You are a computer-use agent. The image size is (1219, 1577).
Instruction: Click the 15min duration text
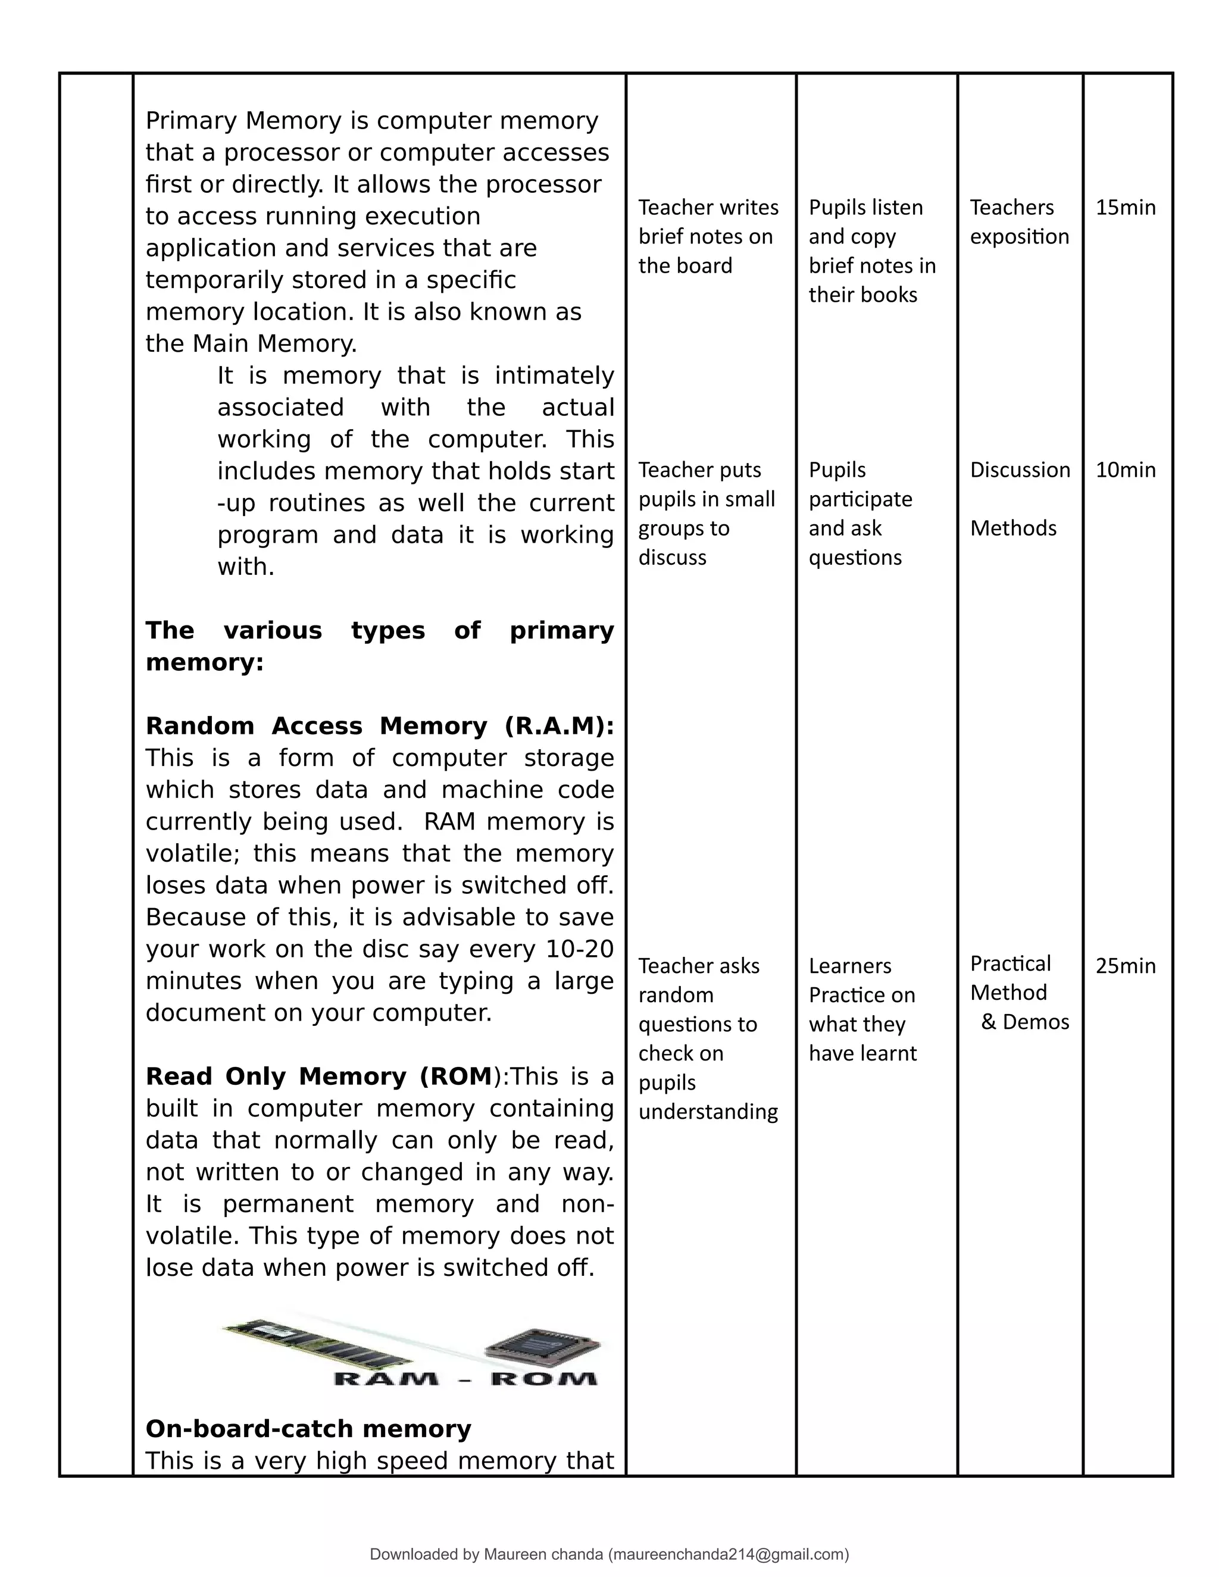coord(1125,208)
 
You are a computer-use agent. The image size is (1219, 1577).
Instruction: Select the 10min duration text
coord(1125,470)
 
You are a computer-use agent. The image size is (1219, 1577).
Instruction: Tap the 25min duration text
coord(1125,966)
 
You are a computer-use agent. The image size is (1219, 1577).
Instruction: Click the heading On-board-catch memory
coord(308,1428)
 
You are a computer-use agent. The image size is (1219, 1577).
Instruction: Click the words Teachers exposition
coord(1018,222)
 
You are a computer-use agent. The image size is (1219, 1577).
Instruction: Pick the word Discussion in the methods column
coord(1020,470)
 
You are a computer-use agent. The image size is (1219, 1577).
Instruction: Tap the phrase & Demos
coord(1025,1022)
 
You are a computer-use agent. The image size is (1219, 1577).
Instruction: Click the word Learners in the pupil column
coord(849,966)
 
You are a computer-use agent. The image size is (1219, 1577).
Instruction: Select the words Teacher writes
coord(708,208)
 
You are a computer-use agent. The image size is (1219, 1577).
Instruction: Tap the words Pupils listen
coord(865,208)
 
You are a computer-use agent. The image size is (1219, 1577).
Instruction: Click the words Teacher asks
coord(698,966)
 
